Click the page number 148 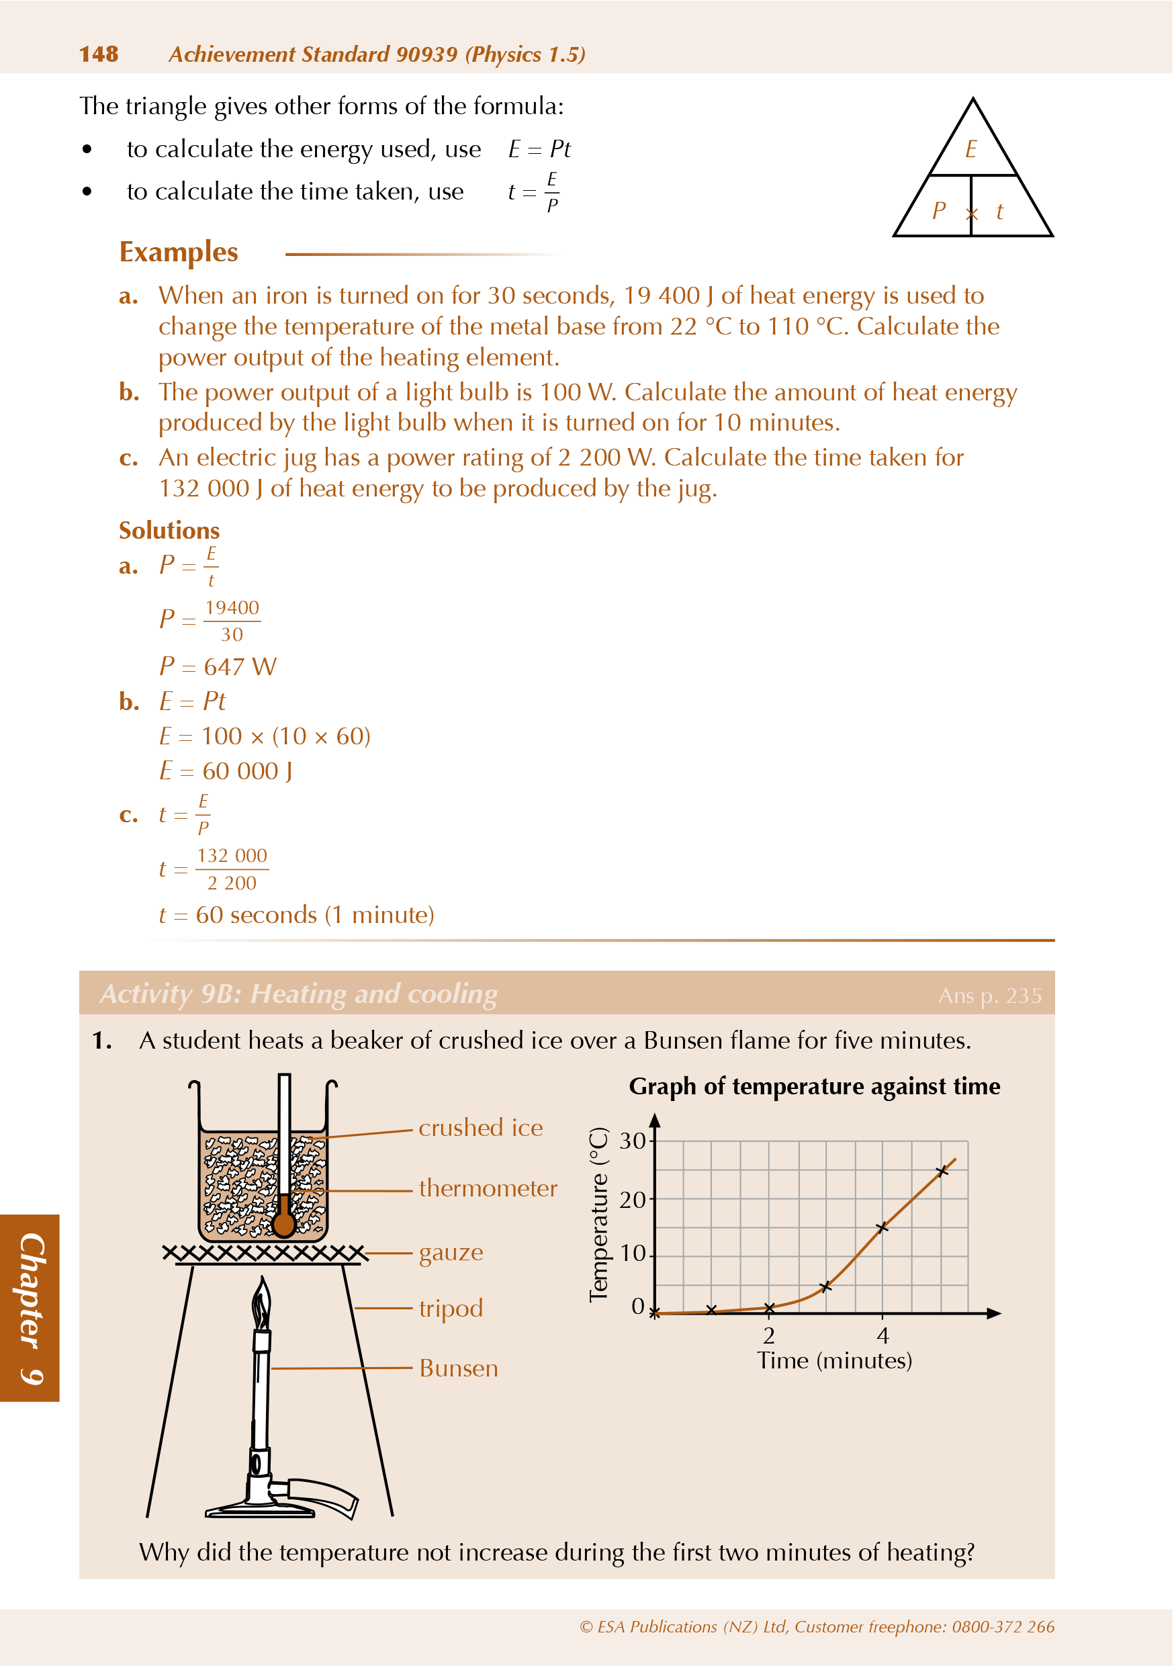coord(99,54)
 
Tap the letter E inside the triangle coord(971,150)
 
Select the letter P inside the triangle coord(939,211)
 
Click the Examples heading coord(179,253)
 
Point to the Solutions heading coord(169,531)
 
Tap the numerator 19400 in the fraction coord(232,607)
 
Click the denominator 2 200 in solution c coord(232,883)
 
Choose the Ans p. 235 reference coord(990,996)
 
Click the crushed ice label coord(480,1128)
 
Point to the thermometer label coord(488,1188)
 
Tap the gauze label coord(451,1252)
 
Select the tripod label coord(451,1308)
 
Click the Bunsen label coord(459,1368)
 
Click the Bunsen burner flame coord(262,1303)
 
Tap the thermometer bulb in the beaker coord(283,1225)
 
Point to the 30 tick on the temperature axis coord(633,1141)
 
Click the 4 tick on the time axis coord(883,1335)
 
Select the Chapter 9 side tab coord(30,1307)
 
